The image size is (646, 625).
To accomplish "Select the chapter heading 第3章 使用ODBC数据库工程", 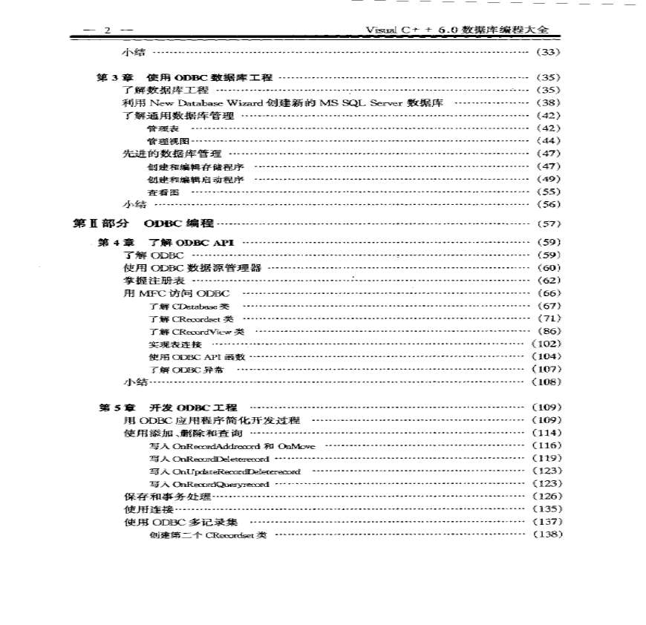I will (186, 77).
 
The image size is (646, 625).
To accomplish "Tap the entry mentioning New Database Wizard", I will (283, 102).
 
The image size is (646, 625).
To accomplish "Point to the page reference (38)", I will (547, 102).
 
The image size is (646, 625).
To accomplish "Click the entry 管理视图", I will (163, 141).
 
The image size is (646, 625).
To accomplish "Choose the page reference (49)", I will (547, 179).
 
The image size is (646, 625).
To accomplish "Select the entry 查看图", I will (158, 192).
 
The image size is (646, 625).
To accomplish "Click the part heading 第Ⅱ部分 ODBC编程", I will (143, 223).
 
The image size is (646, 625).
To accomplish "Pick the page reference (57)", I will (547, 223).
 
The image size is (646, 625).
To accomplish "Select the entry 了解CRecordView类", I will (196, 332).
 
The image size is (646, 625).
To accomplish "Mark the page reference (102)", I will (546, 344).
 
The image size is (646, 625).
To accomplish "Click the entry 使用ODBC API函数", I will (196, 357).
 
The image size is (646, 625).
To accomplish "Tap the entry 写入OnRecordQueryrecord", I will (209, 484).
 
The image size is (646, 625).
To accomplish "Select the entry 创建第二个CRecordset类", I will (207, 534).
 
